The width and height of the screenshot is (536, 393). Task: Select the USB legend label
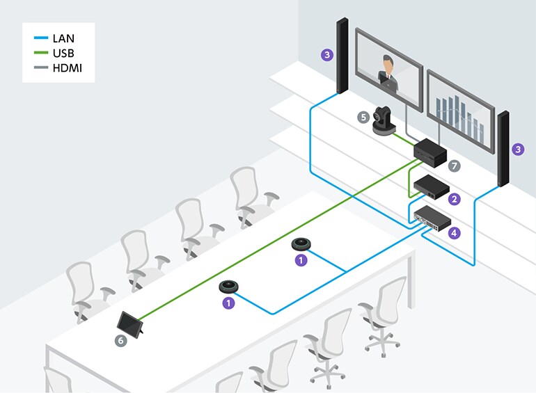pos(63,54)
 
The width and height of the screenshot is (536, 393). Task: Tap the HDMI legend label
pos(67,67)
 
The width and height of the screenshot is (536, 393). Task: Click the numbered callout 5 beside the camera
pos(363,118)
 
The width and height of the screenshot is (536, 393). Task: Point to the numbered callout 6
pos(120,340)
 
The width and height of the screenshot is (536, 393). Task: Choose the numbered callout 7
pos(455,166)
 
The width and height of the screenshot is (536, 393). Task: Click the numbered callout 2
pos(455,199)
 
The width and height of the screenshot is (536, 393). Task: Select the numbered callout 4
pos(455,233)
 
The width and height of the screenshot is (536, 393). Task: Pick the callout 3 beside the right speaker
pos(517,149)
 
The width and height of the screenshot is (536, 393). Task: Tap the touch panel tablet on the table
pos(131,323)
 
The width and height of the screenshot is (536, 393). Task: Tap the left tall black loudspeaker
pos(342,56)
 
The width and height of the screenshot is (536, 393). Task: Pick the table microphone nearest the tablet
pos(230,287)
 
